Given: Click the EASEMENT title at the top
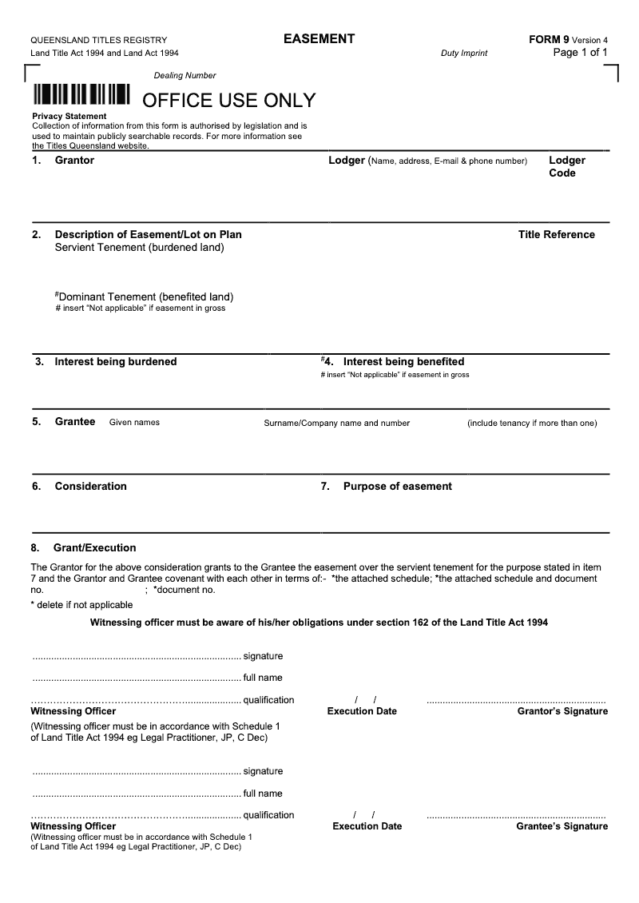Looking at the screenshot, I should click(319, 39).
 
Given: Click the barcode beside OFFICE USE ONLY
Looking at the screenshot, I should click(81, 95).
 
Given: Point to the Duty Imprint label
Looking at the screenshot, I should click(463, 54).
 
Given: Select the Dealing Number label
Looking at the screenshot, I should click(185, 76).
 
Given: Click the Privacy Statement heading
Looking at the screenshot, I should click(69, 117).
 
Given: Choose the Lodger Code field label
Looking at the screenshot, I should click(566, 166).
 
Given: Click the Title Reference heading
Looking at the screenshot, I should click(556, 234).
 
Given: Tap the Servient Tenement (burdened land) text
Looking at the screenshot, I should click(139, 248).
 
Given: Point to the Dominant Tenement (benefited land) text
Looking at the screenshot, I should click(144, 297).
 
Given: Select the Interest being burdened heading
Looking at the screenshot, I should click(115, 361).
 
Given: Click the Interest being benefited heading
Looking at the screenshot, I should click(403, 361).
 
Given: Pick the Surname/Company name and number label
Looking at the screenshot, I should click(336, 424).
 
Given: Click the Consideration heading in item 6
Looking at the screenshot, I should click(90, 486).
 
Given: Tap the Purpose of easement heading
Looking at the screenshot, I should click(397, 486).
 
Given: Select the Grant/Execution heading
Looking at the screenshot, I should click(94, 548).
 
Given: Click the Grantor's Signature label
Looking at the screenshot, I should click(562, 711).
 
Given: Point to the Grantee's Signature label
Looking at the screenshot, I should click(562, 826).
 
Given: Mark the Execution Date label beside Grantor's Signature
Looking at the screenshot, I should click(362, 711).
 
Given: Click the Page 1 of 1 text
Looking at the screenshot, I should click(581, 53).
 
